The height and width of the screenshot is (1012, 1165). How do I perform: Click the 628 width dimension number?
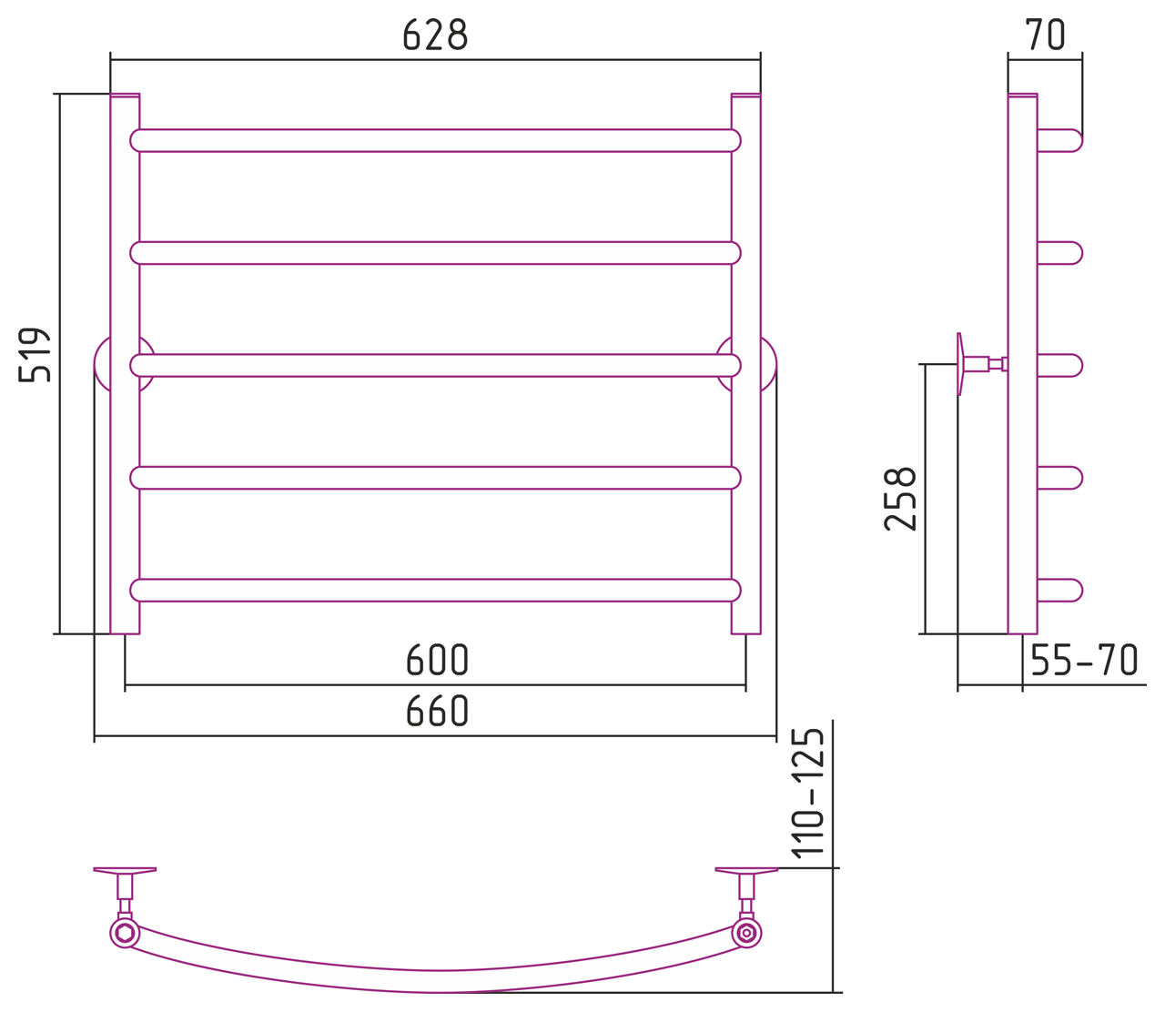click(435, 35)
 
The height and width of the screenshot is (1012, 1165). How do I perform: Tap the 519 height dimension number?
click(35, 354)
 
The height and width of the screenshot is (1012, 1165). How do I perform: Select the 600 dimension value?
click(437, 660)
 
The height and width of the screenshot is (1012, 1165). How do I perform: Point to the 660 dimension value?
click(437, 711)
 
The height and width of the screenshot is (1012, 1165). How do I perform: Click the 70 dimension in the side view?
click(1044, 35)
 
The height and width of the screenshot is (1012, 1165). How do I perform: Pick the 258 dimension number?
click(899, 499)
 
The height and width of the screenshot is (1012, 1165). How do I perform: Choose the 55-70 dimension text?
click(1084, 660)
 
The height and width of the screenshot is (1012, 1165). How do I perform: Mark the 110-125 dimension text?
click(807, 794)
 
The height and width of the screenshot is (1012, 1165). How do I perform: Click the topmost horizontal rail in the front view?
click(435, 140)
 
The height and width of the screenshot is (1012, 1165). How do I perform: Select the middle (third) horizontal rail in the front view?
click(435, 366)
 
